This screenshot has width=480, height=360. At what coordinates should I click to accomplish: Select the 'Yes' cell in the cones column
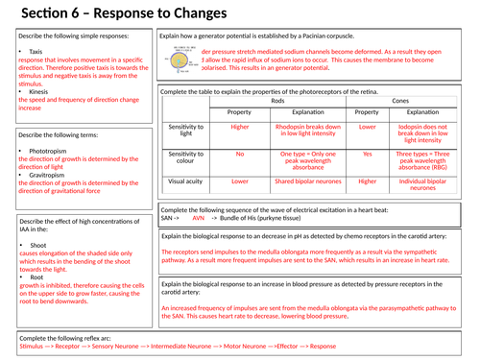367,154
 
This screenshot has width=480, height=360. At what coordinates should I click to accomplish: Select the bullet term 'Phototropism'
49,152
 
